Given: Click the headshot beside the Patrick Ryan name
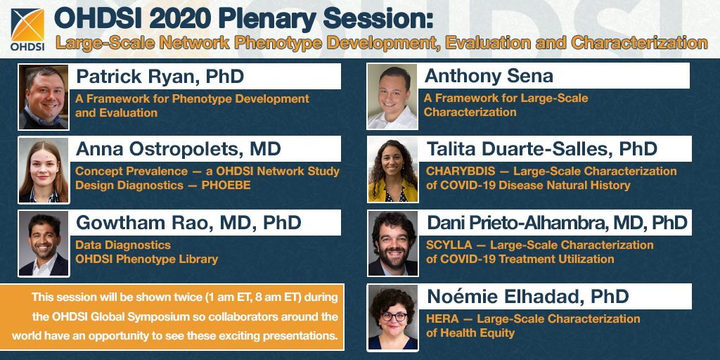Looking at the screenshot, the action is pyautogui.click(x=44, y=97).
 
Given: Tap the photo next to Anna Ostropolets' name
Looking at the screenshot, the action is pyautogui.click(x=44, y=170).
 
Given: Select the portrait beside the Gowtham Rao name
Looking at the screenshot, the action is pyautogui.click(x=44, y=244).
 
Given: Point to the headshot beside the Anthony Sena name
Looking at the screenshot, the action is pyautogui.click(x=392, y=96).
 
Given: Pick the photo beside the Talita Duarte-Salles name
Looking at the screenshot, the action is pyautogui.click(x=392, y=170).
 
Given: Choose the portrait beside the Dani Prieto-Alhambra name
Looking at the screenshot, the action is pyautogui.click(x=392, y=243).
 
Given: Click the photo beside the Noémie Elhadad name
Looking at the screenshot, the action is pyautogui.click(x=392, y=318).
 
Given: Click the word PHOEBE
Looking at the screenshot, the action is pyautogui.click(x=226, y=186).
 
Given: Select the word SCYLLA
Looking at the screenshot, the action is pyautogui.click(x=449, y=245).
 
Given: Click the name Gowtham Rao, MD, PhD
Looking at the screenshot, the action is pyautogui.click(x=188, y=223).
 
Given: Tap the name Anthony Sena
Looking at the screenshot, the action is pyautogui.click(x=489, y=76).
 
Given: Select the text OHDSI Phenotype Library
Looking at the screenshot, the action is pyautogui.click(x=146, y=259).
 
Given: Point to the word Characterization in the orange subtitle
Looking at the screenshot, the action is pyautogui.click(x=640, y=43).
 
